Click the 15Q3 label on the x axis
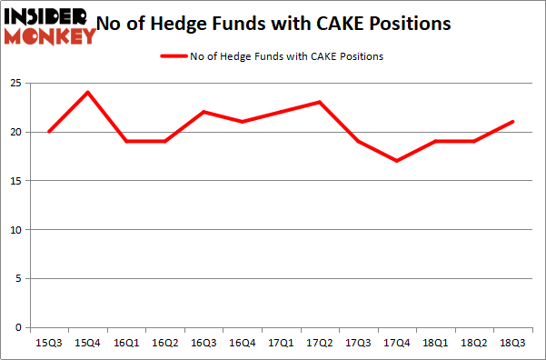pyautogui.click(x=48, y=344)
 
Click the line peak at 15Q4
pyautogui.click(x=88, y=93)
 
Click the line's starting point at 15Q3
pyautogui.click(x=48, y=132)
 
